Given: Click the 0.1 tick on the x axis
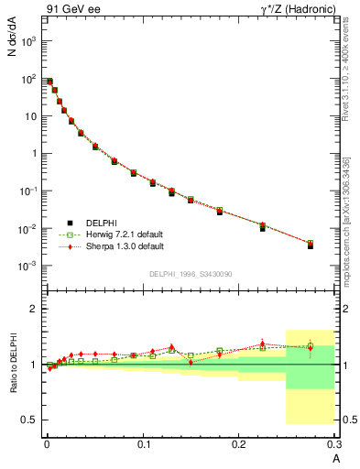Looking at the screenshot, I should pyautogui.click(x=143, y=444).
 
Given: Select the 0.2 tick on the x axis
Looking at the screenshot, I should pyautogui.click(x=240, y=444).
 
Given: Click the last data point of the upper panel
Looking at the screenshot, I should pyautogui.click(x=311, y=245).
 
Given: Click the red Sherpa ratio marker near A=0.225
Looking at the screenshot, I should pyautogui.click(x=262, y=344).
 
